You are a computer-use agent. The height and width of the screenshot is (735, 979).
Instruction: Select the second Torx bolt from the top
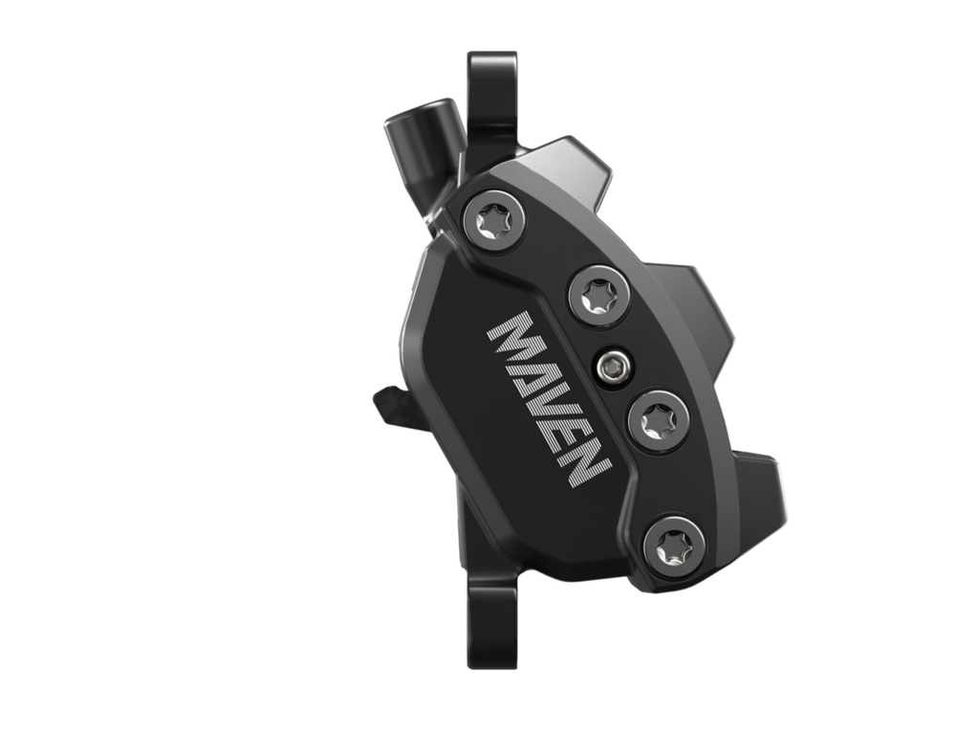598,296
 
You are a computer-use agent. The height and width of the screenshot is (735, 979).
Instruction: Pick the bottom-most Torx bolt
675,544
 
